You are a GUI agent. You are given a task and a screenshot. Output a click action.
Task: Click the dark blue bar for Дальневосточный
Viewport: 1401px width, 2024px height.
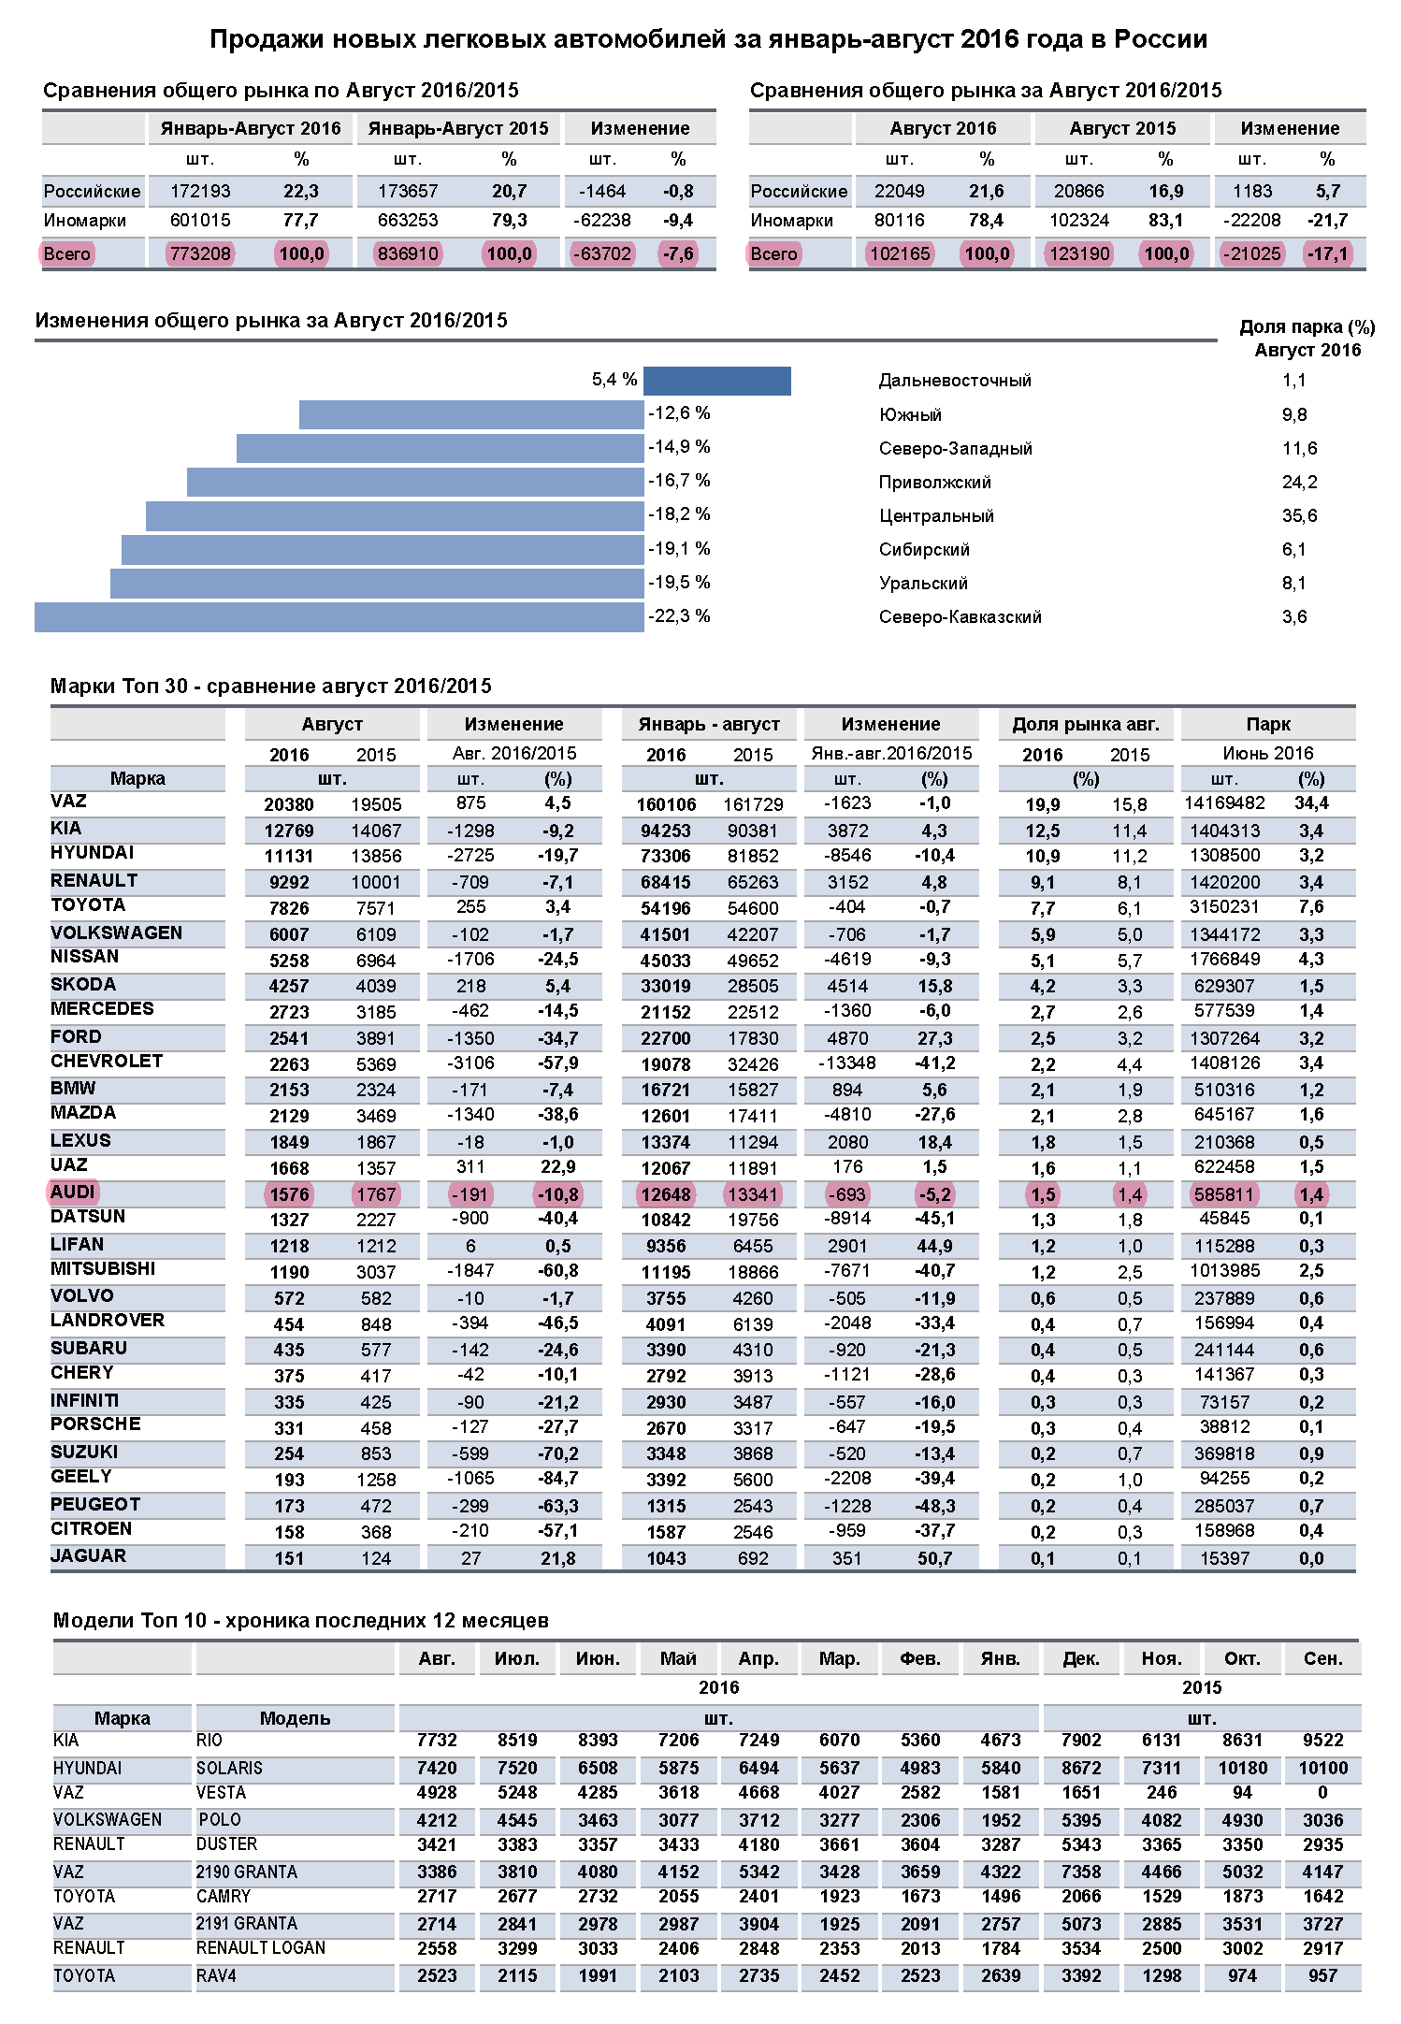(716, 381)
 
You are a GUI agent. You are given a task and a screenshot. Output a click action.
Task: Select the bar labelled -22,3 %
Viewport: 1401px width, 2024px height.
(339, 617)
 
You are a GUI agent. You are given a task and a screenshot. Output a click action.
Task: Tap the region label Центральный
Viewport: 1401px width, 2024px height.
(936, 516)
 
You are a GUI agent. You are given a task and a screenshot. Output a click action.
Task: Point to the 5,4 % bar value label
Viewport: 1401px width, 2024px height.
(614, 380)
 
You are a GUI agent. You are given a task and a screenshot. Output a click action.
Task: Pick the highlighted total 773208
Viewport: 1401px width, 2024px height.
(200, 253)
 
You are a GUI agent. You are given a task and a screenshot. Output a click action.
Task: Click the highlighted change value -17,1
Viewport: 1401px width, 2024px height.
(1327, 253)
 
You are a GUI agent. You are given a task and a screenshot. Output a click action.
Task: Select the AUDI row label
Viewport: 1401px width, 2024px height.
(73, 1192)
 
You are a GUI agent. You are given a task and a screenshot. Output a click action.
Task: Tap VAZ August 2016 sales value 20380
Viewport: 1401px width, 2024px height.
(289, 804)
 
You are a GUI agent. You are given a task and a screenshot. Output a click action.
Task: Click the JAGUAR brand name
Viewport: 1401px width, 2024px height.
(88, 1555)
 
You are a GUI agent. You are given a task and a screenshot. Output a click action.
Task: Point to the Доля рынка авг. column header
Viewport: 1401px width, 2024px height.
(1085, 724)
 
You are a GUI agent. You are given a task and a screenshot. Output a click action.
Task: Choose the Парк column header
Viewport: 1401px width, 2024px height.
(1267, 724)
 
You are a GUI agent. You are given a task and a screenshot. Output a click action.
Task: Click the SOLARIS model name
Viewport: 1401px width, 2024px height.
(229, 1768)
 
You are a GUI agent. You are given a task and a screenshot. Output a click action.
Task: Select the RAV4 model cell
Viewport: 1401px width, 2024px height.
(216, 1975)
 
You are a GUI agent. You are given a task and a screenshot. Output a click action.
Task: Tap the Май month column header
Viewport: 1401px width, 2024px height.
(678, 1658)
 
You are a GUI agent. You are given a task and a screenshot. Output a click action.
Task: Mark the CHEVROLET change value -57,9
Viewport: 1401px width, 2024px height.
(557, 1063)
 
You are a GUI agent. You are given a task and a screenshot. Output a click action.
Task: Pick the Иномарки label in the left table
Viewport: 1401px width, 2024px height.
(84, 221)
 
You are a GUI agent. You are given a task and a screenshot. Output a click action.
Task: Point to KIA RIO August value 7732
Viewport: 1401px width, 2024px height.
(437, 1740)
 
